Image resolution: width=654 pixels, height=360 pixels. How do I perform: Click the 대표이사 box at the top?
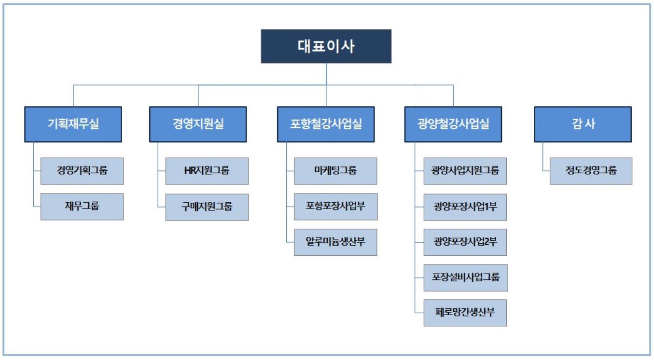coord(326,46)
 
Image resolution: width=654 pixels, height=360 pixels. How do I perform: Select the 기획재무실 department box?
coord(73,124)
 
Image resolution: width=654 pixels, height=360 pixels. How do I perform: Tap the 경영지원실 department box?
coord(198,124)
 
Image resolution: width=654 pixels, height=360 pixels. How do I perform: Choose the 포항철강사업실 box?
coord(326,124)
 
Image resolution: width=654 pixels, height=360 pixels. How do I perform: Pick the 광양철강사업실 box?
coord(453,124)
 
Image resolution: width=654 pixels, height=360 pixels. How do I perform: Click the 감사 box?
coord(583,124)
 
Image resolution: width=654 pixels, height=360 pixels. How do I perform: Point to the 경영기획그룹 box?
coord(82,171)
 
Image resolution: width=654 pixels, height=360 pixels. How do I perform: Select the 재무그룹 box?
coord(82,207)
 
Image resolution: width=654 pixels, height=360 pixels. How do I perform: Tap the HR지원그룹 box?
coord(207,171)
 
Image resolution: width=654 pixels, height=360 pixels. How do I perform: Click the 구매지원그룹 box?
coord(207,207)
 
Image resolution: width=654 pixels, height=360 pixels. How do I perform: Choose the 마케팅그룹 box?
coord(335,171)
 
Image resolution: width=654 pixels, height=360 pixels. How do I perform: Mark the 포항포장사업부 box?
coord(335,207)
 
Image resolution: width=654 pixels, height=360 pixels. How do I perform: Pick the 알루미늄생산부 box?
coord(335,242)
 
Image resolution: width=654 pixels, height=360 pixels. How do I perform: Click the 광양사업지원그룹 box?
coord(465,171)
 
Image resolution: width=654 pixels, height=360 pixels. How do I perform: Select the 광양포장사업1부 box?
coord(465,207)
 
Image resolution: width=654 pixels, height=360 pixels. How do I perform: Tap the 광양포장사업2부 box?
coord(465,242)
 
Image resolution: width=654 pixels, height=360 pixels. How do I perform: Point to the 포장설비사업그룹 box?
coord(465,277)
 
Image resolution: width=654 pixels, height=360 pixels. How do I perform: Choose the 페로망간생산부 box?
coord(465,313)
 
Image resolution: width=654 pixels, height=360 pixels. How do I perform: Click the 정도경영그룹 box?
coord(591,171)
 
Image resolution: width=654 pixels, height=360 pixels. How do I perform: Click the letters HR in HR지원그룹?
coord(190,171)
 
